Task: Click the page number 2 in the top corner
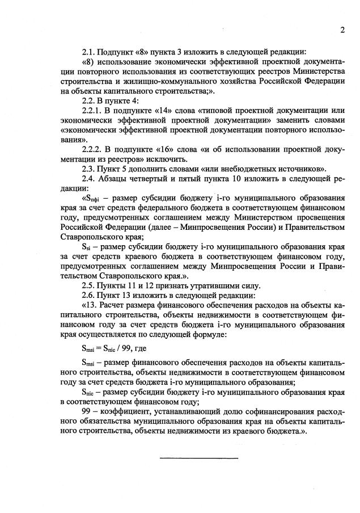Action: pyautogui.click(x=342, y=30)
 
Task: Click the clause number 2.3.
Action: pyautogui.click(x=90, y=169)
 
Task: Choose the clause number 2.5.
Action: pyautogui.click(x=90, y=285)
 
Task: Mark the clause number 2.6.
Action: pyautogui.click(x=90, y=295)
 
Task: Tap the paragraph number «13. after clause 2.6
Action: pyautogui.click(x=91, y=305)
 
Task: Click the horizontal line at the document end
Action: pyautogui.click(x=198, y=457)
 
